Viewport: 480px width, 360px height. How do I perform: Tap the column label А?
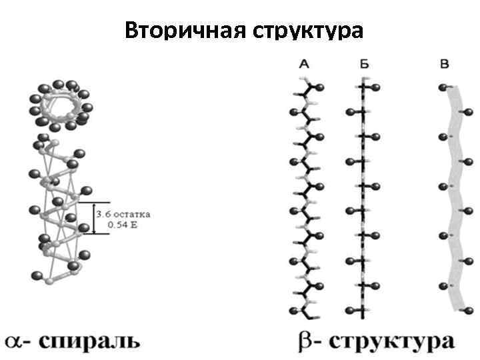(304, 65)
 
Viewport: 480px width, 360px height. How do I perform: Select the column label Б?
(363, 65)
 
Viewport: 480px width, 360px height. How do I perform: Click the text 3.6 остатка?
(123, 215)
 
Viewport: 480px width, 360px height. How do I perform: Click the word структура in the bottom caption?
(393, 342)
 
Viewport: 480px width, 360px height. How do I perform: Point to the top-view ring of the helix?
(59, 105)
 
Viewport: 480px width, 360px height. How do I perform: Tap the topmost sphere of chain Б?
(375, 87)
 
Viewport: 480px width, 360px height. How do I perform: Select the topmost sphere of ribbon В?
(442, 87)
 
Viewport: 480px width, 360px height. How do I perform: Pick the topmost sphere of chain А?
(320, 87)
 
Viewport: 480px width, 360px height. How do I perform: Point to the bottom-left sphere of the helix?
(39, 275)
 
